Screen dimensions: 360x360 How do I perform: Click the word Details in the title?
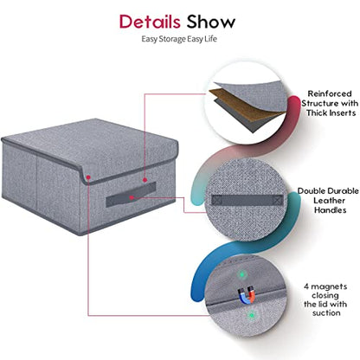150,22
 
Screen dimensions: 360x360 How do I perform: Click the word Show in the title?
211,22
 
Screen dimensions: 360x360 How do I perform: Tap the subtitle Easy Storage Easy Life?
179,39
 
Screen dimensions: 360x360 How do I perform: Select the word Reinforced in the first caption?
330,93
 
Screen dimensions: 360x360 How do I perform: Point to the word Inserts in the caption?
341,112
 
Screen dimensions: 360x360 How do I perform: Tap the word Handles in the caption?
330,210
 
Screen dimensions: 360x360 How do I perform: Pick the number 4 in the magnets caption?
306,286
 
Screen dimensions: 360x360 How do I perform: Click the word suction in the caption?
326,313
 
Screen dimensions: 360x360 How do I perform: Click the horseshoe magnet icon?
247,294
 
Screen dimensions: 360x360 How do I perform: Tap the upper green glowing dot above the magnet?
241,274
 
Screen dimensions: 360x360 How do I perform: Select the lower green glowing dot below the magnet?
252,315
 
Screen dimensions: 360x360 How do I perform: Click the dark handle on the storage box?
131,195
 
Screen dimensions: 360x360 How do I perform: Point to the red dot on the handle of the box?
132,197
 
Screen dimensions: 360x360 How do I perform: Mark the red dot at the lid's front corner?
88,177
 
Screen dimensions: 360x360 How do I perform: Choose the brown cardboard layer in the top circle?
245,105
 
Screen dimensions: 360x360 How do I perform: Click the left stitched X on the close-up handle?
217,200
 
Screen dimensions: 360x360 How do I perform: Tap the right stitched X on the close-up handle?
278,199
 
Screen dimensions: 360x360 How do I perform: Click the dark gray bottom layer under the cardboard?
245,119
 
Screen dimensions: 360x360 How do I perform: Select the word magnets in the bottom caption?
329,287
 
